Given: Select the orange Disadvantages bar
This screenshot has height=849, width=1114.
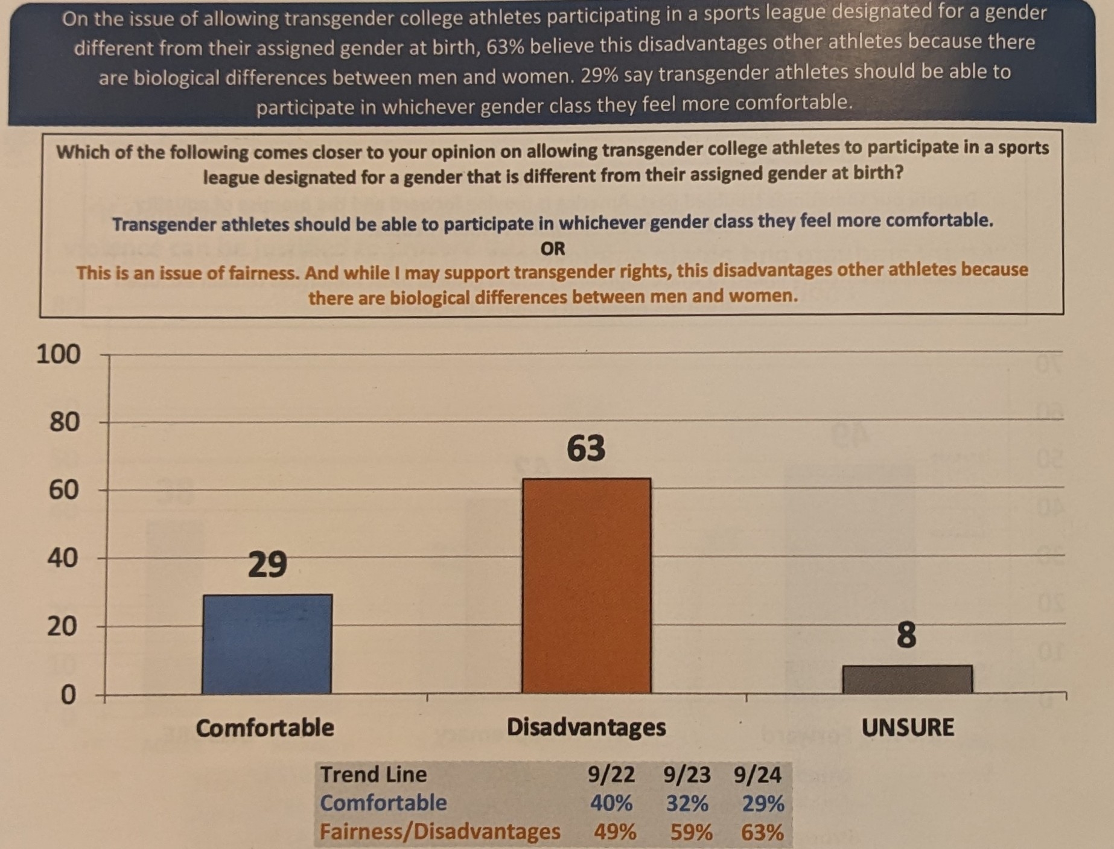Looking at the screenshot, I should coord(586,585).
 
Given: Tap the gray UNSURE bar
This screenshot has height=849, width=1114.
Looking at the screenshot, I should coord(907,679).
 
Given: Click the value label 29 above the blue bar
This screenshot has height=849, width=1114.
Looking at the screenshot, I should coord(267,565).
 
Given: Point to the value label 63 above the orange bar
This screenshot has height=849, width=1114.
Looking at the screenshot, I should coord(585,448).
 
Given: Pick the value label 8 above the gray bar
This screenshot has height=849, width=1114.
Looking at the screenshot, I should coord(906,635).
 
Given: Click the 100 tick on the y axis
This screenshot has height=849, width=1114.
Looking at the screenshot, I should coord(58,354).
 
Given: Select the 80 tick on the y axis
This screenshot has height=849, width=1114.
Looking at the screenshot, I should coord(64,422).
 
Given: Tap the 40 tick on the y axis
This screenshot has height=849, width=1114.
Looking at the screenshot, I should coord(63,558).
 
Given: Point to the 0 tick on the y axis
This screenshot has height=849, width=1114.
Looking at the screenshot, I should coord(69,695).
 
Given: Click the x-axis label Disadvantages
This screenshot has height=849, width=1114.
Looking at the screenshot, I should coord(586,727).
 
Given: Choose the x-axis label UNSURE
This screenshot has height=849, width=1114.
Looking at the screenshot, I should coord(907,727).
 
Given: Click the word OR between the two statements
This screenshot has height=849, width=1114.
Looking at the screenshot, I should coord(553,249).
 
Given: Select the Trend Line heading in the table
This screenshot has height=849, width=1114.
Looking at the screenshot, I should coord(374,774).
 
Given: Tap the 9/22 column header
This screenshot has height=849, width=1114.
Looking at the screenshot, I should coord(611,774).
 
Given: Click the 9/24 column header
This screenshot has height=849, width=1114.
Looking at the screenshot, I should coord(757,774).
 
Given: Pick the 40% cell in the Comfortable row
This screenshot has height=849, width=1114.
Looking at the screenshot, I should coord(611,803).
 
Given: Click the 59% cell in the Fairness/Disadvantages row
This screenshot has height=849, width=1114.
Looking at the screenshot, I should coord(691,833).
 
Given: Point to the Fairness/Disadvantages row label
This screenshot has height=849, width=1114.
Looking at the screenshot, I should coord(440,832).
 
